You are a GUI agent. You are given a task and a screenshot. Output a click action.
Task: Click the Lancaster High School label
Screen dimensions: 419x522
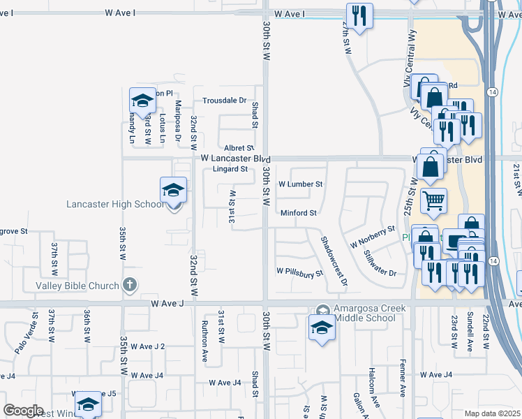(x=115, y=204)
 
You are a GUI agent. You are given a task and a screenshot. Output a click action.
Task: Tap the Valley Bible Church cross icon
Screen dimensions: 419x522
(x=128, y=284)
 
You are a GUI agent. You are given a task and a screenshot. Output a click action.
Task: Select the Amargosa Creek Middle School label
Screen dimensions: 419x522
(x=355, y=313)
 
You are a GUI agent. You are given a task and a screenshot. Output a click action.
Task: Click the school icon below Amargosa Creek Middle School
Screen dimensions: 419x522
(x=322, y=329)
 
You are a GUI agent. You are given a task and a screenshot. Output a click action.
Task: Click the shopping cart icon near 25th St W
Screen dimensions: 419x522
(x=434, y=201)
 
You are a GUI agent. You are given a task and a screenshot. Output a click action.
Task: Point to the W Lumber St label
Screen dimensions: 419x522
(x=300, y=185)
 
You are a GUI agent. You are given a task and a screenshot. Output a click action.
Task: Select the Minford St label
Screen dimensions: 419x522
(x=299, y=213)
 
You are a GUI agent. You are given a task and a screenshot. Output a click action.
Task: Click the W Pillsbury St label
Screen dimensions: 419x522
(x=300, y=271)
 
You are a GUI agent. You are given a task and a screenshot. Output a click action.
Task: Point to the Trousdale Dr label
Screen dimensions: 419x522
(x=224, y=100)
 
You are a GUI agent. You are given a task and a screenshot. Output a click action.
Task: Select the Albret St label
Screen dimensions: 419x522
(x=239, y=148)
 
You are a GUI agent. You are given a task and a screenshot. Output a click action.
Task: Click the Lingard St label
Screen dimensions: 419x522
(x=230, y=169)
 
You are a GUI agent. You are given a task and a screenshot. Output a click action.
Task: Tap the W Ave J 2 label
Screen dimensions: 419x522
(x=152, y=346)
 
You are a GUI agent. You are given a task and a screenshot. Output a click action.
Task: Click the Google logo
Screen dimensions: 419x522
(x=24, y=410)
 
